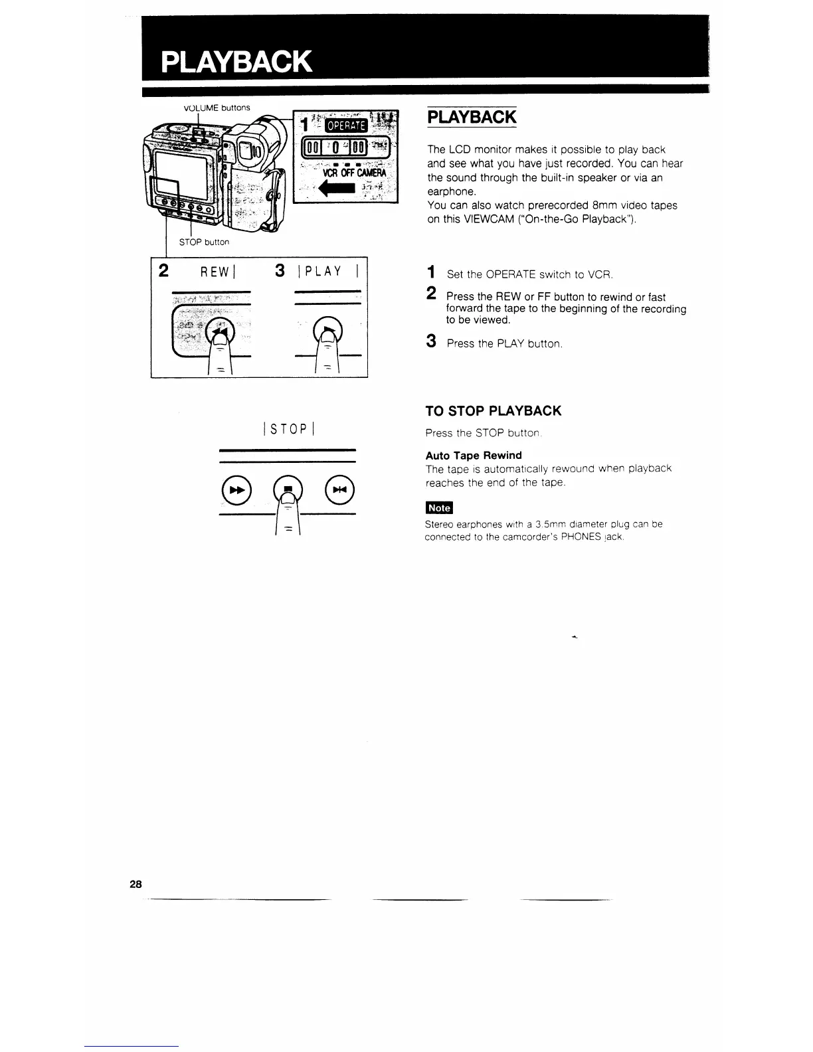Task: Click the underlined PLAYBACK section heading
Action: (472, 117)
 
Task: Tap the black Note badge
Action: (438, 508)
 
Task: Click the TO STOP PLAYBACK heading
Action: (493, 411)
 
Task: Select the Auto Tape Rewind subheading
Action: (473, 456)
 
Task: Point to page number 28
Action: (135, 884)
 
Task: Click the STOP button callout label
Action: (204, 242)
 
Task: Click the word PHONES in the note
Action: (583, 537)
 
